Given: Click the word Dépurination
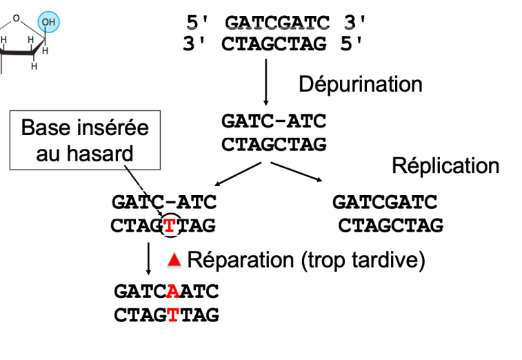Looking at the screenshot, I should point(360,85).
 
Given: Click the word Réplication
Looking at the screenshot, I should point(445,166).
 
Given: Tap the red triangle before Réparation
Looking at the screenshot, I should point(174,260).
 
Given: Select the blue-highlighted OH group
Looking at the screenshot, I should point(48,23).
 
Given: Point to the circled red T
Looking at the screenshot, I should point(169,225).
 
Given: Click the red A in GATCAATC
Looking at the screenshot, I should point(172,292).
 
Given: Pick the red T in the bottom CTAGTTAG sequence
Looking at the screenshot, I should point(172,315).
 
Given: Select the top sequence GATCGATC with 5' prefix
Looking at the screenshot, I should point(277,23).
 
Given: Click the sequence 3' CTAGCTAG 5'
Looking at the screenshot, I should point(273,45).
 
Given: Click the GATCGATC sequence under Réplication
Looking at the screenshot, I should point(385,203).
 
